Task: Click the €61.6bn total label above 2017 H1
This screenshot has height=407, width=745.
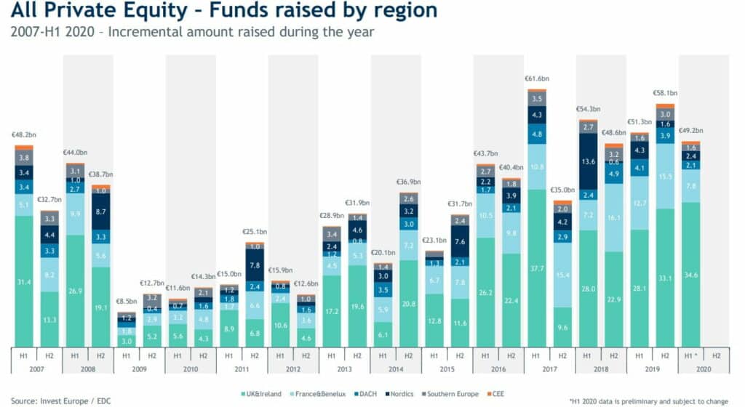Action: click(536, 78)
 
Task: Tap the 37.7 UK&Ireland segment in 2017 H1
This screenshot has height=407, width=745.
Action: click(537, 267)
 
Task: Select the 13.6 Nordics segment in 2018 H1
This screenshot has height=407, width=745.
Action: click(588, 161)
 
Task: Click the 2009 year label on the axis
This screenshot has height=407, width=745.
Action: click(140, 369)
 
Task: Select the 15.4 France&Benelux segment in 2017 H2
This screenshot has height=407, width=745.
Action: click(562, 273)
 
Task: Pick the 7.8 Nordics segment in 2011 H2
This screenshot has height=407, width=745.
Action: click(255, 266)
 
